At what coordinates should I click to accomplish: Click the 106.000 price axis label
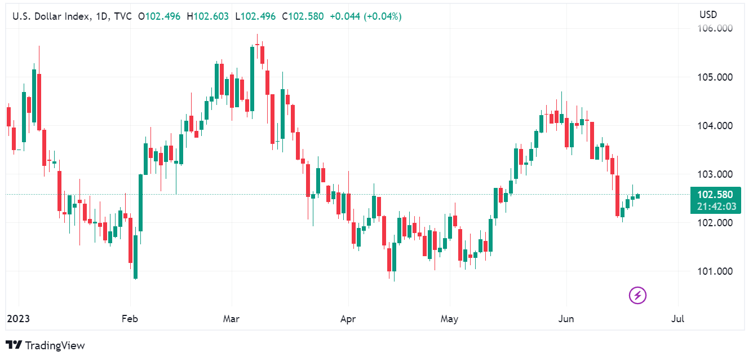pos(716,28)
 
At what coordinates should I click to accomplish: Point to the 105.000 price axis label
pos(716,77)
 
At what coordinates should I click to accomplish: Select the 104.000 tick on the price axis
pos(716,125)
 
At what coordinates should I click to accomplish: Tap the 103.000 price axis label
pos(716,174)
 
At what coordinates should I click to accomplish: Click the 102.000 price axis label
pos(716,222)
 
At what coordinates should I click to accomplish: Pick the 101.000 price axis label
pos(716,271)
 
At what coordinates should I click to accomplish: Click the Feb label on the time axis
pos(130,319)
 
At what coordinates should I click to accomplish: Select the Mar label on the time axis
pos(231,319)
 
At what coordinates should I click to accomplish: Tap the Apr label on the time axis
pos(348,319)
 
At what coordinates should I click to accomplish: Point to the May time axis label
pos(449,319)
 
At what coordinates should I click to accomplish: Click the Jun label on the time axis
pos(565,319)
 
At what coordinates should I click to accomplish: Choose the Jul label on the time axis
pos(678,319)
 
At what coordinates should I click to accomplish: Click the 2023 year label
pos(18,319)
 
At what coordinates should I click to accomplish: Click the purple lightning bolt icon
pos(637,295)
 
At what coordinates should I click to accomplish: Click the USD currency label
pos(708,14)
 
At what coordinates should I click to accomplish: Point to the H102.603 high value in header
pos(211,16)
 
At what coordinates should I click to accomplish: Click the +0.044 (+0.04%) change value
pos(365,16)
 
